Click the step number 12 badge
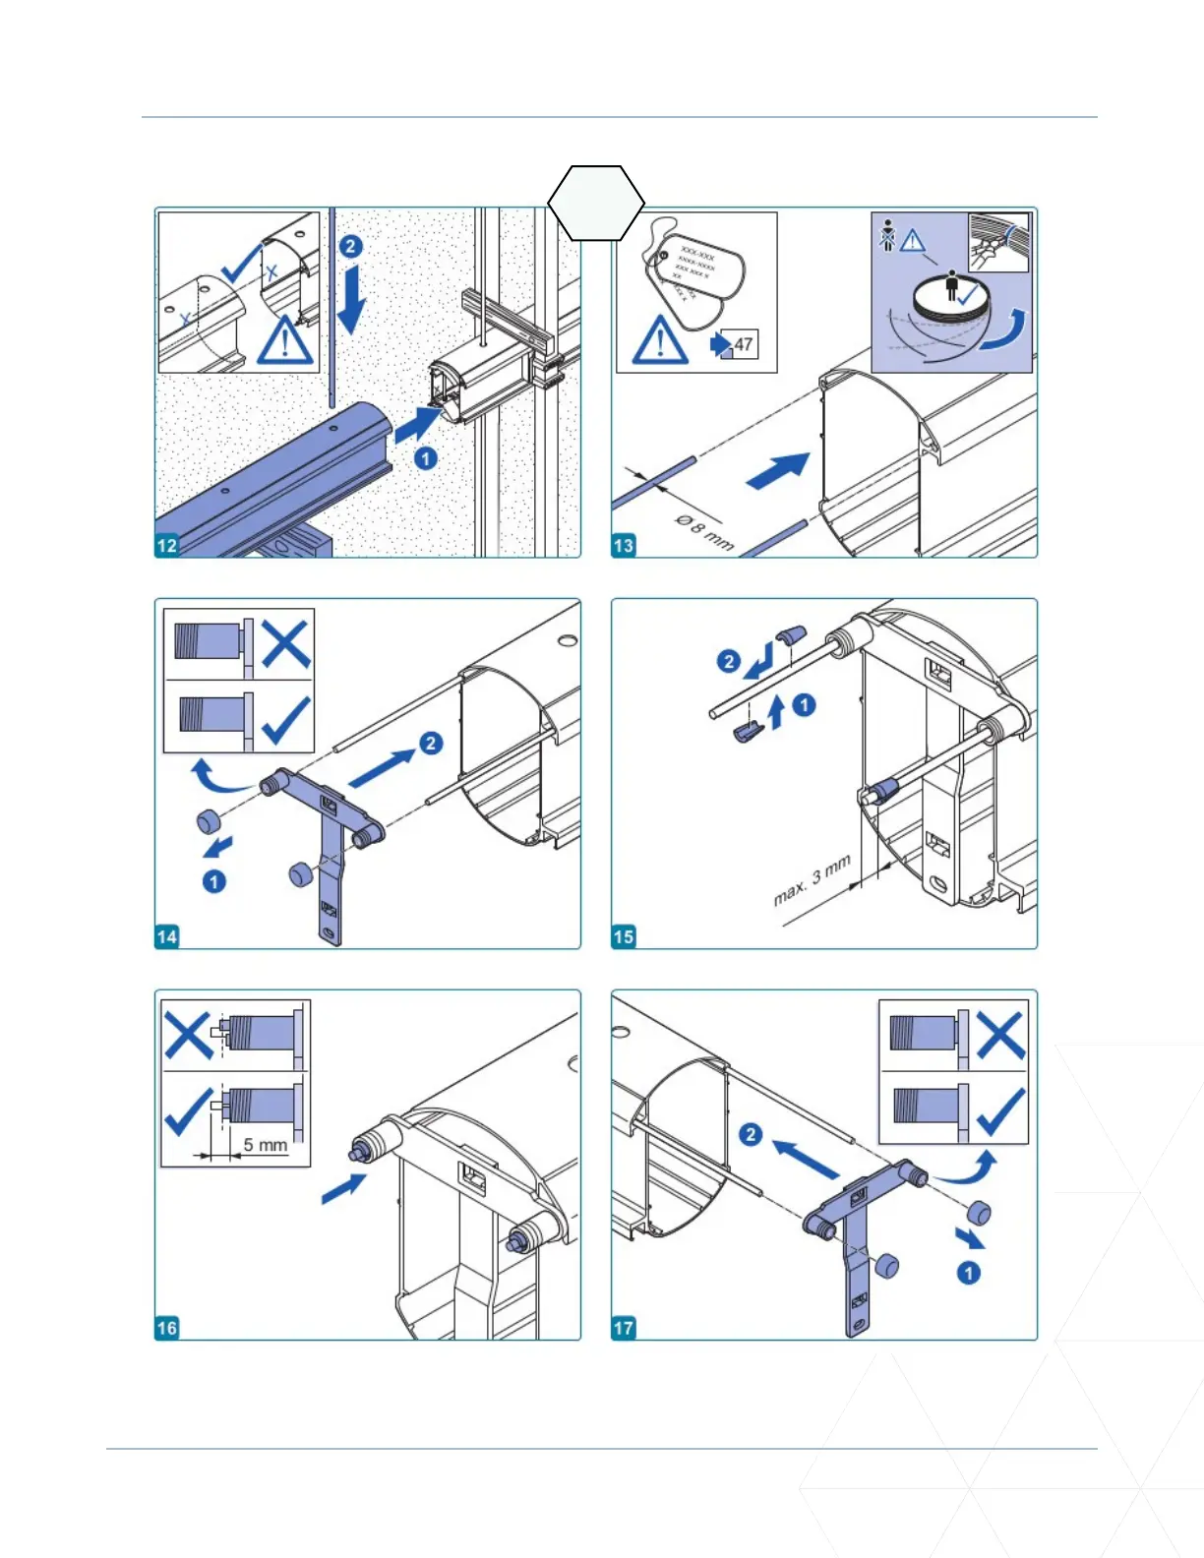point(167,546)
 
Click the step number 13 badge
point(624,546)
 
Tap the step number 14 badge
point(167,936)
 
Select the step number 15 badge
point(624,936)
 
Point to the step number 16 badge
point(167,1328)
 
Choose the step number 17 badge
point(624,1328)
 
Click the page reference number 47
point(743,344)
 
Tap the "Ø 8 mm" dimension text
point(704,531)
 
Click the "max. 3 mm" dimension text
point(812,881)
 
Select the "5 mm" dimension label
point(266,1145)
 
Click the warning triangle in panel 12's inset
point(285,340)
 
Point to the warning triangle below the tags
point(659,340)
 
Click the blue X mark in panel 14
point(285,644)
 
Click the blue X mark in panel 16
point(188,1035)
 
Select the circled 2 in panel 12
point(351,246)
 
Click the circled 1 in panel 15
point(804,704)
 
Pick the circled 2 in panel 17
point(751,1134)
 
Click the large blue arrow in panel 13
point(779,471)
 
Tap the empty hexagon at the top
point(596,203)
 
